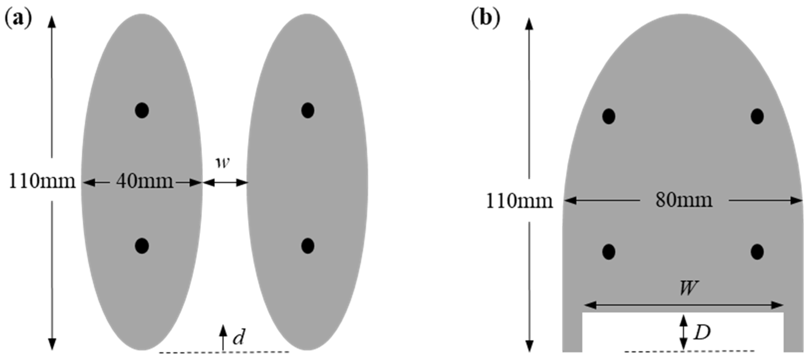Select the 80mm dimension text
click(x=683, y=200)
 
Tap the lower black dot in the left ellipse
click(x=142, y=246)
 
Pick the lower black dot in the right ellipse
click(x=308, y=246)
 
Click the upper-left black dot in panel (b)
click(x=609, y=117)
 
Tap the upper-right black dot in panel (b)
click(x=757, y=117)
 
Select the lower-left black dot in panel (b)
click(x=609, y=252)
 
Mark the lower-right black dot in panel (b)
click(x=757, y=252)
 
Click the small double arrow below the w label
click(x=224, y=182)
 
